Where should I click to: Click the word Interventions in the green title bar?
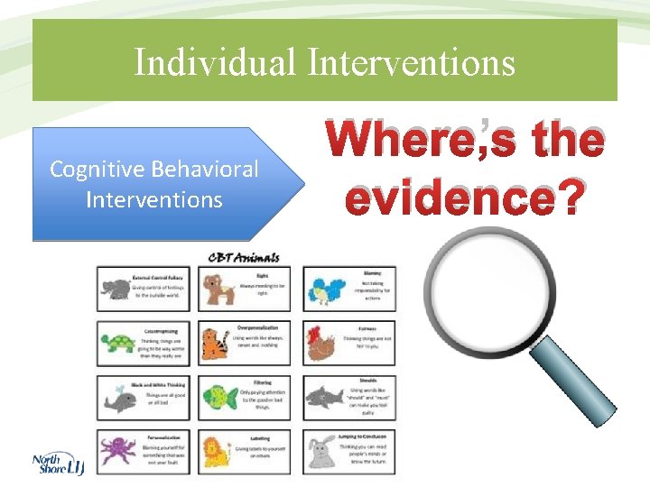click(x=411, y=63)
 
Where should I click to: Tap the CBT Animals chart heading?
click(x=244, y=257)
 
